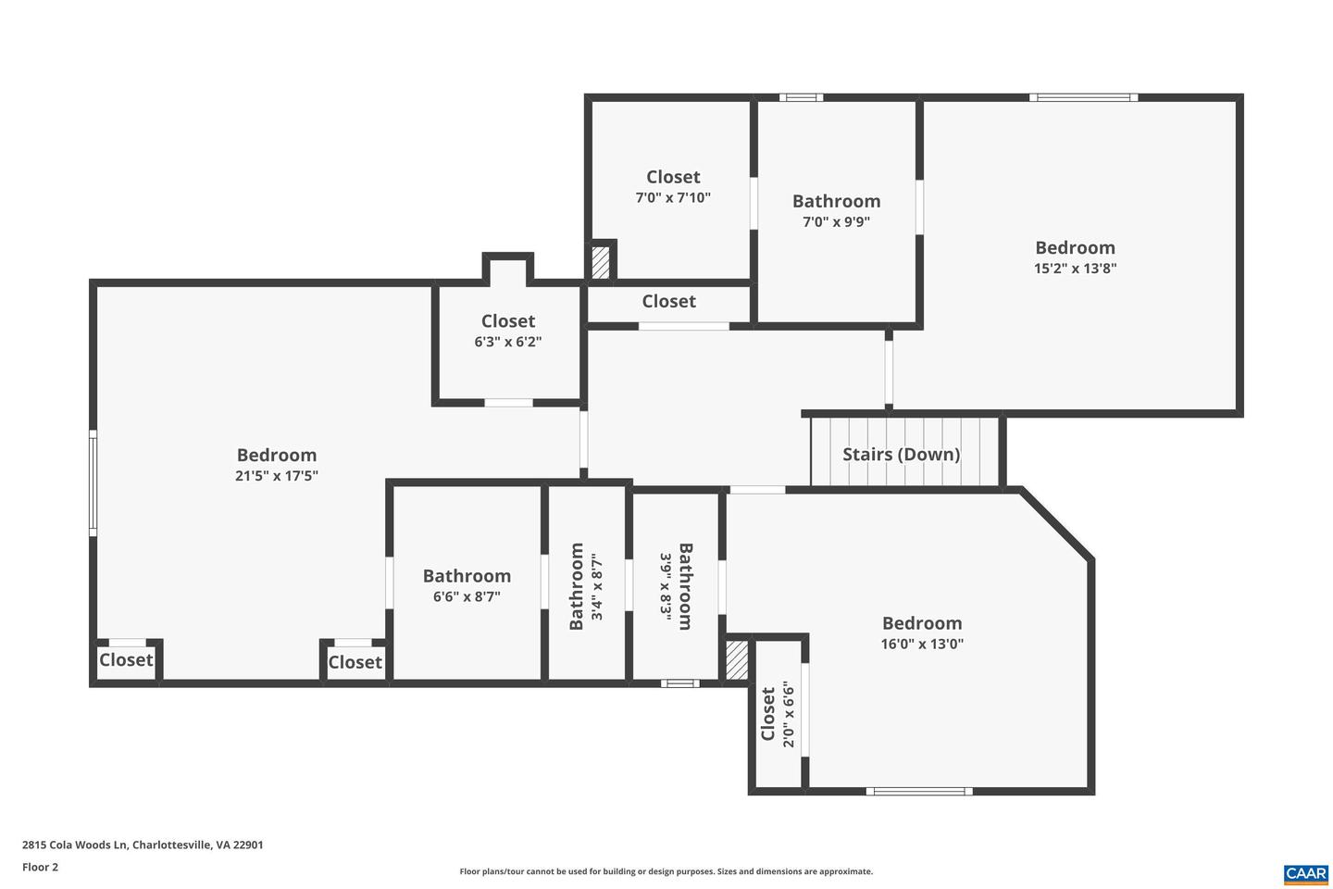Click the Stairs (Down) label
(x=901, y=454)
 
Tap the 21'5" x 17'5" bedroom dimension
(x=277, y=476)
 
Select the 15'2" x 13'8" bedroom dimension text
(x=1075, y=269)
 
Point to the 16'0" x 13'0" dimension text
(x=922, y=645)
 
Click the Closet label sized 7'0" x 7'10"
(x=673, y=177)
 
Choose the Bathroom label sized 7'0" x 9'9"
(x=836, y=201)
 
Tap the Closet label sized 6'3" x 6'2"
(x=508, y=321)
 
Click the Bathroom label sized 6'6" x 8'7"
(x=467, y=576)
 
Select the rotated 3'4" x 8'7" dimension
(x=598, y=587)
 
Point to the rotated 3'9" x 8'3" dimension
(x=665, y=587)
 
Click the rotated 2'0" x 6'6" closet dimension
(x=789, y=714)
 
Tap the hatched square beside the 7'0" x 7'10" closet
(x=601, y=260)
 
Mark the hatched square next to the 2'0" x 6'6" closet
(x=737, y=660)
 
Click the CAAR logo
(x=1305, y=873)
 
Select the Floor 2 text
(x=40, y=868)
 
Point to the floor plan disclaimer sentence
(x=666, y=871)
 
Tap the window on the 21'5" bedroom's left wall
(x=93, y=482)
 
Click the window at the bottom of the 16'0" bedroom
(x=918, y=791)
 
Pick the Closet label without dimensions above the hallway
(x=668, y=301)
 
